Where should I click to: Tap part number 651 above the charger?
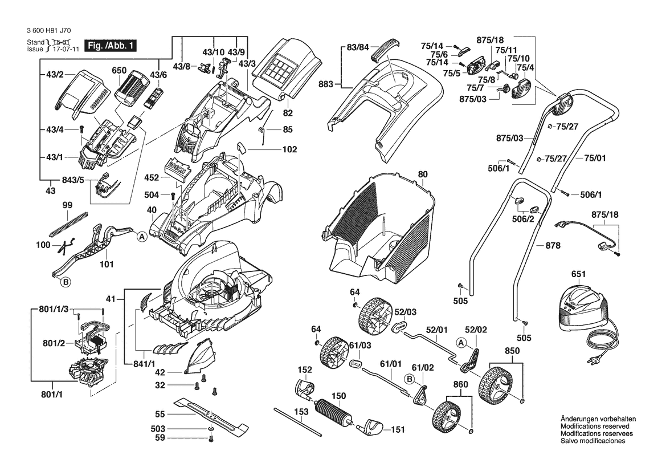(x=578, y=274)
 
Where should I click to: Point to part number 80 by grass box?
(x=422, y=174)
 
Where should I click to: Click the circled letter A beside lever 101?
(x=140, y=235)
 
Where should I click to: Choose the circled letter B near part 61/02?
(x=409, y=378)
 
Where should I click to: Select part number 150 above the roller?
(x=338, y=395)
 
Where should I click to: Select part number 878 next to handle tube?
(x=553, y=246)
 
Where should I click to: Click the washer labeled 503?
(x=211, y=428)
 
